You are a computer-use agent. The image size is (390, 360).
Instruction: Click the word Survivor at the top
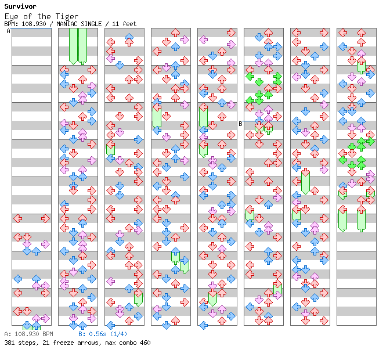pos(20,6)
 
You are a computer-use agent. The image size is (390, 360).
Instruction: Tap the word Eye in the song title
pos(11,17)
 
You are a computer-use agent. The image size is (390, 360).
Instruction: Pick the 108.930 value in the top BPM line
pos(34,24)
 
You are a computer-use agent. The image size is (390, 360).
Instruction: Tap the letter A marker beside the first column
pos(9,31)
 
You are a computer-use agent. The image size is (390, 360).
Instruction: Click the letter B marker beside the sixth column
pos(240,124)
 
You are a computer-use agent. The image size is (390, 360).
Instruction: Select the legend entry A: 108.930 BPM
pos(29,334)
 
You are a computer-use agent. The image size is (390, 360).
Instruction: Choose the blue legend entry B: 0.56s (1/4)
pos(103,334)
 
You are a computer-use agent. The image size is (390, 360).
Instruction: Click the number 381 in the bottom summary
pos(9,343)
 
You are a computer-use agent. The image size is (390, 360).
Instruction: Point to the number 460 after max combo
pos(145,343)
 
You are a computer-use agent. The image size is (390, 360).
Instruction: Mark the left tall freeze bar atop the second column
pos(73,46)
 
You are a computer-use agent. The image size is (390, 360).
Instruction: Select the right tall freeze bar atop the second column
pos(82,46)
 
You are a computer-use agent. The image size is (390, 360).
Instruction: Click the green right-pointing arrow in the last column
pos(370,141)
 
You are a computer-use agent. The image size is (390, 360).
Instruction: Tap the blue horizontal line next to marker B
pos(263,121)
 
